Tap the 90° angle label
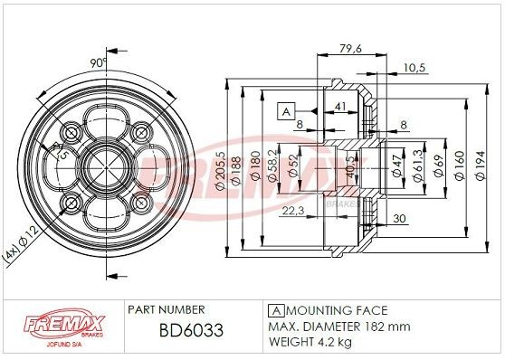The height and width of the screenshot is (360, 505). (99, 62)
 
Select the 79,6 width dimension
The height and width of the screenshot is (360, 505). (349, 49)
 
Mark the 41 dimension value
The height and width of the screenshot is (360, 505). (340, 107)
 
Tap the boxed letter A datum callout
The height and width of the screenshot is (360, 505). (285, 111)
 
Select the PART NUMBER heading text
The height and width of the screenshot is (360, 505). (167, 309)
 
